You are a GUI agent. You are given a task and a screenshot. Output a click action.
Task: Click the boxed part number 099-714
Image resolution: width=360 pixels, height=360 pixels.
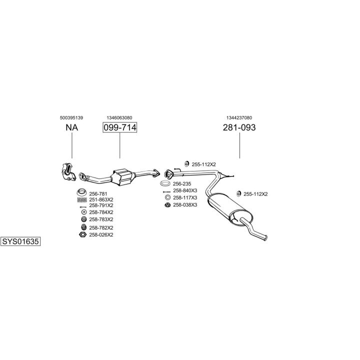coord(119,127)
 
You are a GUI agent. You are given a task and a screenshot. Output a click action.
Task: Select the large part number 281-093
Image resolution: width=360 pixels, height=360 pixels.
coord(239,127)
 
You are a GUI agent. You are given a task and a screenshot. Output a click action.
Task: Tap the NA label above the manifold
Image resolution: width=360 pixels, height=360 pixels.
coord(72,127)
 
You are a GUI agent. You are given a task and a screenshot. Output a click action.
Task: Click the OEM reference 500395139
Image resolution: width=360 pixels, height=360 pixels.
coord(71,118)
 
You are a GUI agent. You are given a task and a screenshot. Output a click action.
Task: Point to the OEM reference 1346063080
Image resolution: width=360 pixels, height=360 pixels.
coord(119,118)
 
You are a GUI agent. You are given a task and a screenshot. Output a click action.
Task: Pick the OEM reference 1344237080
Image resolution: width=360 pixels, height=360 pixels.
coord(239,118)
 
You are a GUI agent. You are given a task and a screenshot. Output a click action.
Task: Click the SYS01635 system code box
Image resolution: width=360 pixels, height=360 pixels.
coord(20,241)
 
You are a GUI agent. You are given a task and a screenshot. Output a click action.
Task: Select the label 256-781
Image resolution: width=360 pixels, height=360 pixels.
coord(98,194)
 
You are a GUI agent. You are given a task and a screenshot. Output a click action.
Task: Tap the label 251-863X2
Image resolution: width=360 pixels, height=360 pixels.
coord(101,199)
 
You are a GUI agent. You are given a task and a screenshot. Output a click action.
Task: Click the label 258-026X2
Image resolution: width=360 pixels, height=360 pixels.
coord(101,235)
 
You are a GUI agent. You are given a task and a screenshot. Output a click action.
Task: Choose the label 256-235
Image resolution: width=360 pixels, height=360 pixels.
coord(182,183)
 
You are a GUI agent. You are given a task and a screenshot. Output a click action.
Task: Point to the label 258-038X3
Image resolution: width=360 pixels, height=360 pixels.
coord(185,205)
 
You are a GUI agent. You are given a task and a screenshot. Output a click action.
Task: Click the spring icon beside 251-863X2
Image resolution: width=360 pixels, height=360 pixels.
coord(82,199)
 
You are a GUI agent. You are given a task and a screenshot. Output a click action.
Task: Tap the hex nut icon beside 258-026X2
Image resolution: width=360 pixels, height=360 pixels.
coord(82,234)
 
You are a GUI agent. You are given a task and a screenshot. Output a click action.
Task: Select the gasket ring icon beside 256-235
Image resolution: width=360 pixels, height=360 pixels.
coord(165,183)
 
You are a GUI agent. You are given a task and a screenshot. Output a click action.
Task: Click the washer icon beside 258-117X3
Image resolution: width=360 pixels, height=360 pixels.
coord(168,197)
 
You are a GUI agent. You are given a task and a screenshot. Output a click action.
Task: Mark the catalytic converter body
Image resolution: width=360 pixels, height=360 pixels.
coord(122,177)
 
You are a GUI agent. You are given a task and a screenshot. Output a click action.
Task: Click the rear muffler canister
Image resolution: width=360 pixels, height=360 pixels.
coord(229,209)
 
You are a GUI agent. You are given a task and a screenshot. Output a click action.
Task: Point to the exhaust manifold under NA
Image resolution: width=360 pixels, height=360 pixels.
coord(68,171)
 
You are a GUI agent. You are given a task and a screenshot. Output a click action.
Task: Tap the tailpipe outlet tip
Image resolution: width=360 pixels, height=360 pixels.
coord(266,238)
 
